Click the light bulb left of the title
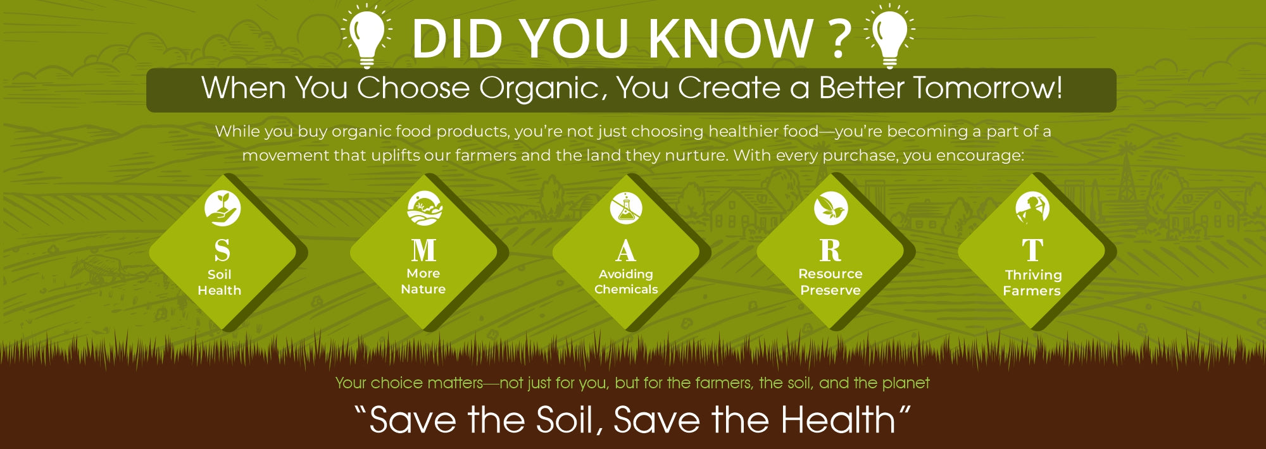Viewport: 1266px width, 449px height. coord(367,35)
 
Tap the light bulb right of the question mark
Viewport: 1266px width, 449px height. coord(889,35)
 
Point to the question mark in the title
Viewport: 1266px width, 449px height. coord(839,38)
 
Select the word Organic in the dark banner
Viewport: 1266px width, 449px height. coord(537,89)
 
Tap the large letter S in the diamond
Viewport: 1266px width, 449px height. coord(222,250)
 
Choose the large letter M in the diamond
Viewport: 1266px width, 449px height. coord(423,250)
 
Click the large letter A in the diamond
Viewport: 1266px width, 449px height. coord(625,250)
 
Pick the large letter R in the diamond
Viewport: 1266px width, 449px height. coord(830,250)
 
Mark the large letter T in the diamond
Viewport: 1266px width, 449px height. coord(1032,250)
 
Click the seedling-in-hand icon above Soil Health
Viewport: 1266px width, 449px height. coord(222,208)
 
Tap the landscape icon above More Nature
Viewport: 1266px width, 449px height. coord(424,208)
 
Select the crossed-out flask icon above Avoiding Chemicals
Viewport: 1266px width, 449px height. coord(626,208)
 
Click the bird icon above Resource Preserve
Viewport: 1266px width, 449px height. coord(830,208)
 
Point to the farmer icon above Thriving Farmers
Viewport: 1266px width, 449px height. coord(1032,208)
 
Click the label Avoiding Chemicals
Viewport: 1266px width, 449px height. coord(626,281)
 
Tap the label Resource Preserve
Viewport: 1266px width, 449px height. coord(830,282)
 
